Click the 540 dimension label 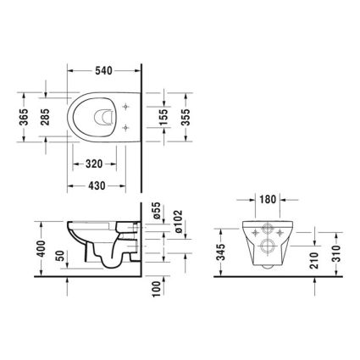103,70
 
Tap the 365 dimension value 25,117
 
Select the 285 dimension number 45,117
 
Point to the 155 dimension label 163,117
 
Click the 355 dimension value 186,117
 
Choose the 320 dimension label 94,163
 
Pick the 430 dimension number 97,186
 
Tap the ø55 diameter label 157,211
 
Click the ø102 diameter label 179,221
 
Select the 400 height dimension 42,248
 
